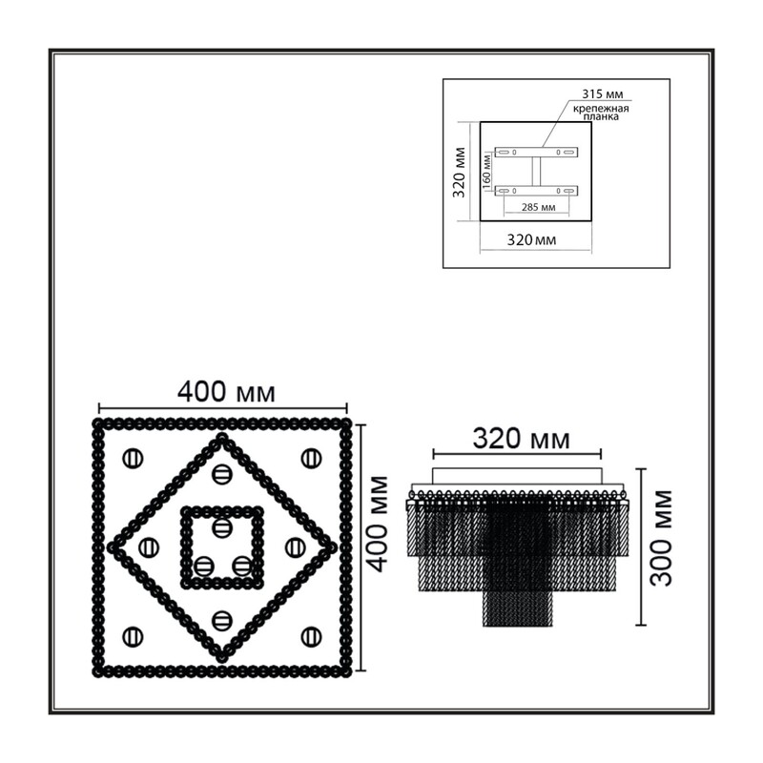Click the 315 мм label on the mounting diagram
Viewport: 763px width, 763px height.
coord(603,93)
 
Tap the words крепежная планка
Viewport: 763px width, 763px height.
coord(601,113)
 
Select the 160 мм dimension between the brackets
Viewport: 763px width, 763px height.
coord(486,170)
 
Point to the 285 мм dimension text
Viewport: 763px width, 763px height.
coord(538,207)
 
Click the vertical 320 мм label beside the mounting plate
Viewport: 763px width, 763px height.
coord(459,172)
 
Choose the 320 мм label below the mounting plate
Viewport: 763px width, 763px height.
coord(531,240)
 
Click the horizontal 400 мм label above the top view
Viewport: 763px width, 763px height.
coord(226,392)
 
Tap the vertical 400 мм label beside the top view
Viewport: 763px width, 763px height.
coord(378,524)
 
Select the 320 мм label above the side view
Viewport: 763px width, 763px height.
coord(521,439)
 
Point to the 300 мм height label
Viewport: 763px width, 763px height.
coord(661,538)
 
